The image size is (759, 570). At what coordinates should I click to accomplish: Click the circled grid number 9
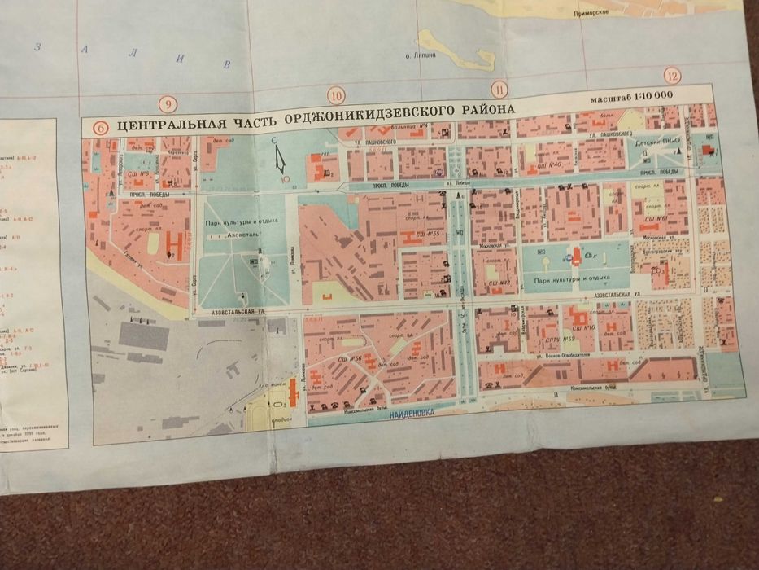[x=168, y=104]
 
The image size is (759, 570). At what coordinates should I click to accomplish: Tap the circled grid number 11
[x=499, y=90]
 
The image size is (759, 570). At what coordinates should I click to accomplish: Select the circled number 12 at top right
[x=671, y=76]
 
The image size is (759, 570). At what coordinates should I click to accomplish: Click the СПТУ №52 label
[x=558, y=338]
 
